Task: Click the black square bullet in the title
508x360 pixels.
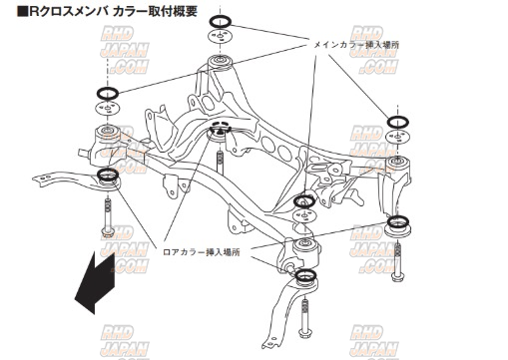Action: coord(23,12)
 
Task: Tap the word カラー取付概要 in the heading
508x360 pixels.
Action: coord(156,12)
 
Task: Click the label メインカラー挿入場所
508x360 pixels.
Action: coord(356,45)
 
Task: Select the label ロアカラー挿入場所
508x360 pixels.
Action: coord(202,252)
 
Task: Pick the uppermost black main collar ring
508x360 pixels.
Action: coord(221,22)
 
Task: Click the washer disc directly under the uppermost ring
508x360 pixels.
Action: coord(221,36)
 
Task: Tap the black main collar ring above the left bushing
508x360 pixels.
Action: coord(108,94)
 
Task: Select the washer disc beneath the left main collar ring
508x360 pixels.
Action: coord(108,108)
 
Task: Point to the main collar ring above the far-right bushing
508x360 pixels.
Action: coord(398,122)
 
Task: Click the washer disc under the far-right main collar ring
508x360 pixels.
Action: coord(397,137)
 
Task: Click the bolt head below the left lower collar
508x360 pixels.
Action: coord(108,231)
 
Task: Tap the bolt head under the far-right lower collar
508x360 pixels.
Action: coord(397,276)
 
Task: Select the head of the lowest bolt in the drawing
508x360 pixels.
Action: coord(304,333)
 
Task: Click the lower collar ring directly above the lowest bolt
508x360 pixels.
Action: coord(305,276)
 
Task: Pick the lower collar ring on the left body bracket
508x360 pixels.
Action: coord(108,175)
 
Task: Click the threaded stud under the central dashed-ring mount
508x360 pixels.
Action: coord(220,162)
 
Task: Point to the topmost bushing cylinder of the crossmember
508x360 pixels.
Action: coord(220,62)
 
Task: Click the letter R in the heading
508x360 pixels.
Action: coord(35,12)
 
